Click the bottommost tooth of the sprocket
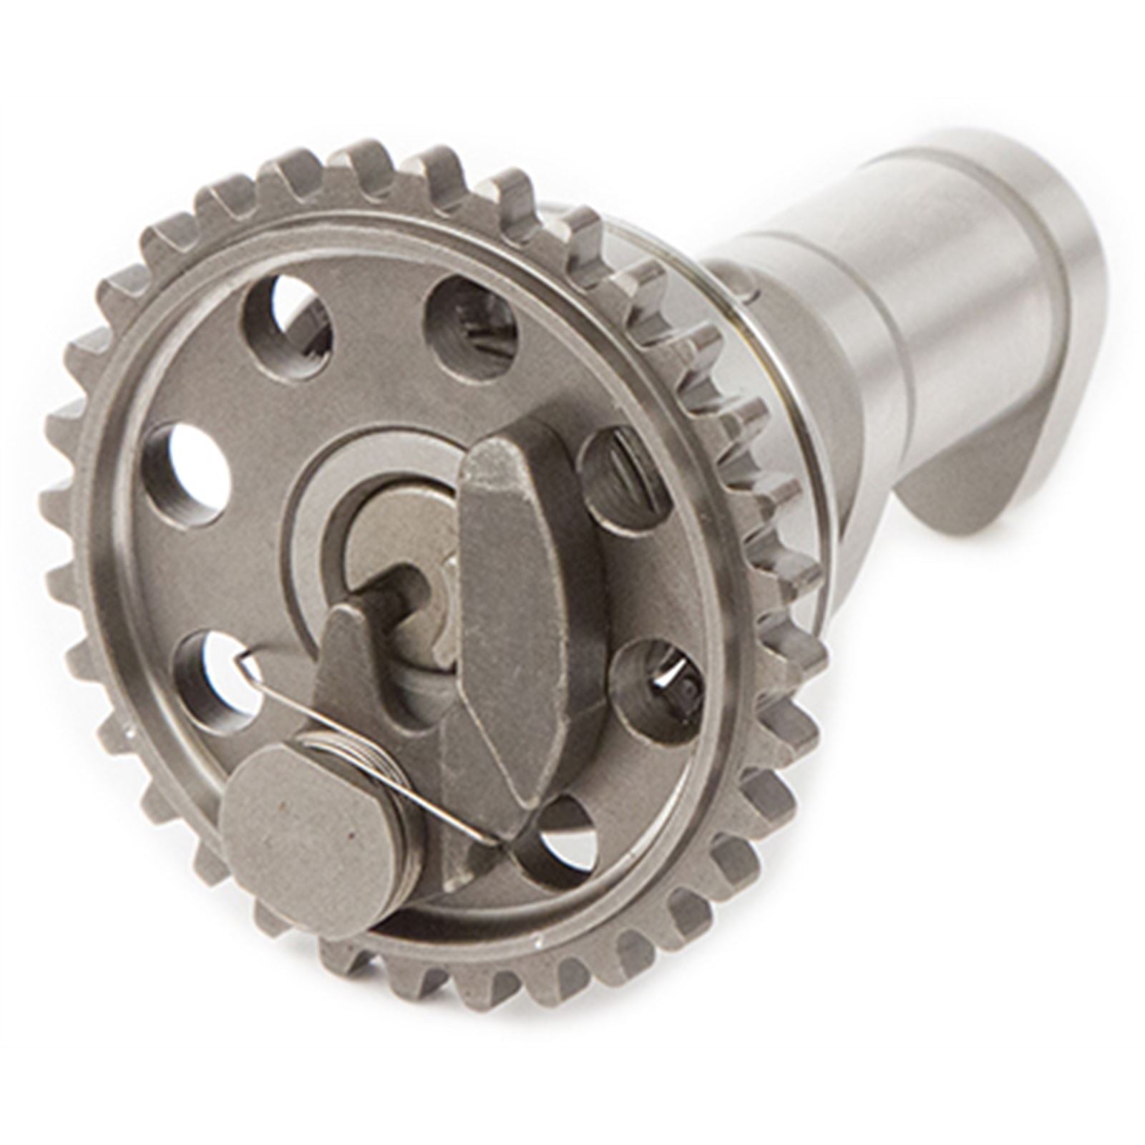click(501, 1002)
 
